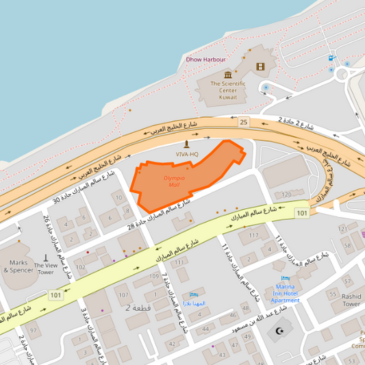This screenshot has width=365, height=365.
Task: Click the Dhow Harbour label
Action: pos(206,60)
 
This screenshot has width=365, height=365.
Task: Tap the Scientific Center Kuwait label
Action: pos(218,90)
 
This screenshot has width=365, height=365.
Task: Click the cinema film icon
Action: pos(260,66)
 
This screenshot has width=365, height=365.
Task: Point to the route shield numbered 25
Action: pos(243,122)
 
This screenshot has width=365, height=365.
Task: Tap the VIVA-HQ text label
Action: pos(186,154)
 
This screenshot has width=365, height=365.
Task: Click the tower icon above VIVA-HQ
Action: pos(186,144)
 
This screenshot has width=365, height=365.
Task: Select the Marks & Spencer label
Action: pos(17,266)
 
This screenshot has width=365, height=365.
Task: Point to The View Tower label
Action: pos(45,268)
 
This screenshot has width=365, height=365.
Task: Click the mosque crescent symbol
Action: pos(277,331)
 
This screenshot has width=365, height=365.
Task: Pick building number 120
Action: pos(286,194)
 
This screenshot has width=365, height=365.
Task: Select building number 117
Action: pos(254,235)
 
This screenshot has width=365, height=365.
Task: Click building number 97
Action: pos(34,330)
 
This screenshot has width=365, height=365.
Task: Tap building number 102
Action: pos(80,267)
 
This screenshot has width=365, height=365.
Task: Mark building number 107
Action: pos(123,294)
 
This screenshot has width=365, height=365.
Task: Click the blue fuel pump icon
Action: pos(331,58)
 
